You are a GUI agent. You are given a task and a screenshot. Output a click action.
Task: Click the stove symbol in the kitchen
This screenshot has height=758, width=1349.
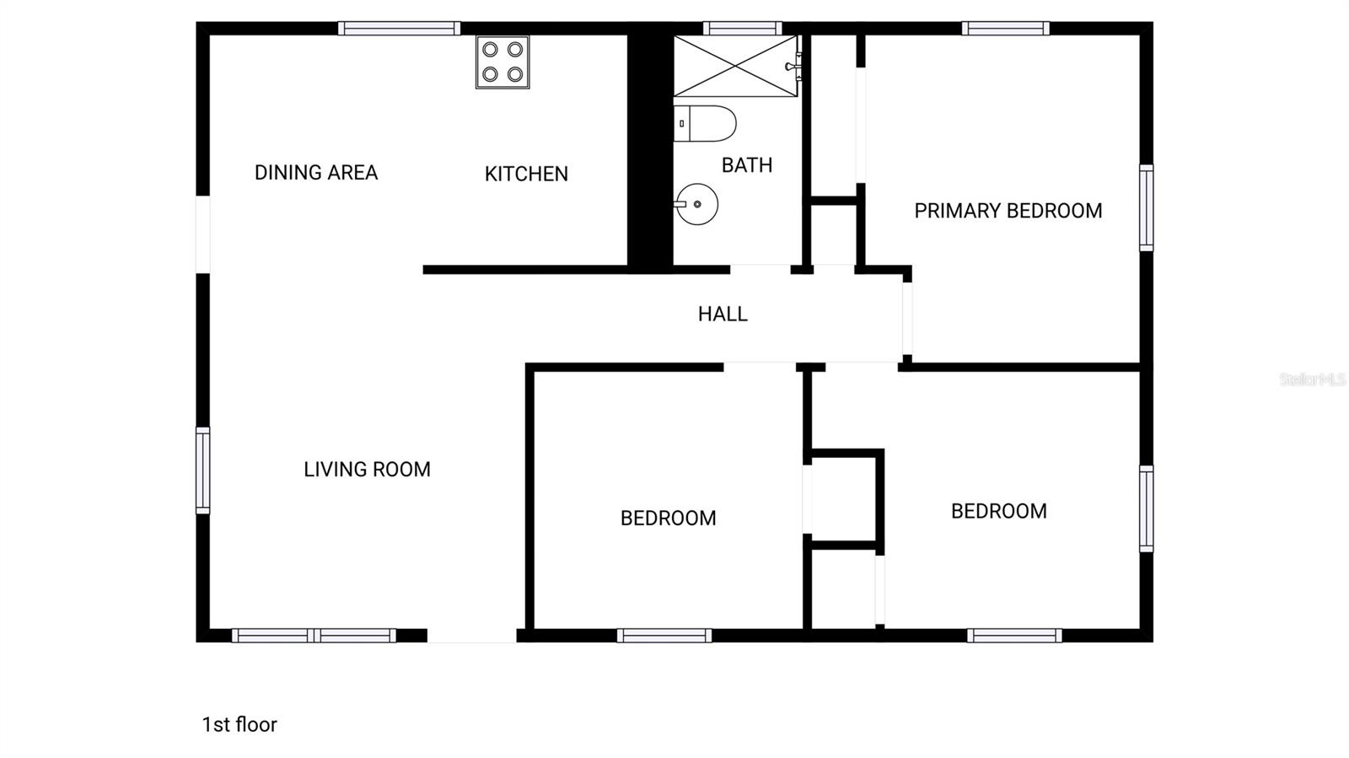point(503,62)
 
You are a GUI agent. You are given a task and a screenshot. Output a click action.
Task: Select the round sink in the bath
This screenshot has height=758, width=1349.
point(697,204)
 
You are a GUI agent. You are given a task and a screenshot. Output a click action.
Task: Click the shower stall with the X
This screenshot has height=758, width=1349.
point(735,66)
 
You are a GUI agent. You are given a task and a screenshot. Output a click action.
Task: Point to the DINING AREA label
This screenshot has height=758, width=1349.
point(316,173)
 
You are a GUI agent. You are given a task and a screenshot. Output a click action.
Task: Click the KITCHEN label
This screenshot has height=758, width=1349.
point(526,174)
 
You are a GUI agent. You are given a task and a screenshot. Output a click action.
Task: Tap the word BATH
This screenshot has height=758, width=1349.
point(747,165)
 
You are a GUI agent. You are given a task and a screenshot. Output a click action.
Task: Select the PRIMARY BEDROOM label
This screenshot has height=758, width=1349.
point(1008,211)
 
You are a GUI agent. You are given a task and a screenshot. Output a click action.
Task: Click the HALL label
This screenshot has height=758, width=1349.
point(723,314)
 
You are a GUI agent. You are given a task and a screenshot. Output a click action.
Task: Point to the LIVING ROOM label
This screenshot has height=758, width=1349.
point(367,470)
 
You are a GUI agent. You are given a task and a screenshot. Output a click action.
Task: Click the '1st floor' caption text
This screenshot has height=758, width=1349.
point(239,724)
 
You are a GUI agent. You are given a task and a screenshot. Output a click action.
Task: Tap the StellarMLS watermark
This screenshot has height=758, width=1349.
point(1312,379)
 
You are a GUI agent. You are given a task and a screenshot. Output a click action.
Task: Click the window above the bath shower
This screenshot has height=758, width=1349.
point(742,29)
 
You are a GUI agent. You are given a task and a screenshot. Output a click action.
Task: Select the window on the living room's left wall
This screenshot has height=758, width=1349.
point(203,470)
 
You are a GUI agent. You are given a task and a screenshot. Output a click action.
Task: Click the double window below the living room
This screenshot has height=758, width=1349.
point(314,636)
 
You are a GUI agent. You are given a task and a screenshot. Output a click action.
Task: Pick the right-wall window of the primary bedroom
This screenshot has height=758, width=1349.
point(1146,207)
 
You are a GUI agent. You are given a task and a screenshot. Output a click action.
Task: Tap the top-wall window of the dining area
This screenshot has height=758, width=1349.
point(399,29)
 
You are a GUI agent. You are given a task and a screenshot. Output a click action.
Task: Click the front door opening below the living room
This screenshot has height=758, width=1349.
point(472,636)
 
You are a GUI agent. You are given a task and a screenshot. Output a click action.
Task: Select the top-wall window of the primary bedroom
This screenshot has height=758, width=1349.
point(1006,29)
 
